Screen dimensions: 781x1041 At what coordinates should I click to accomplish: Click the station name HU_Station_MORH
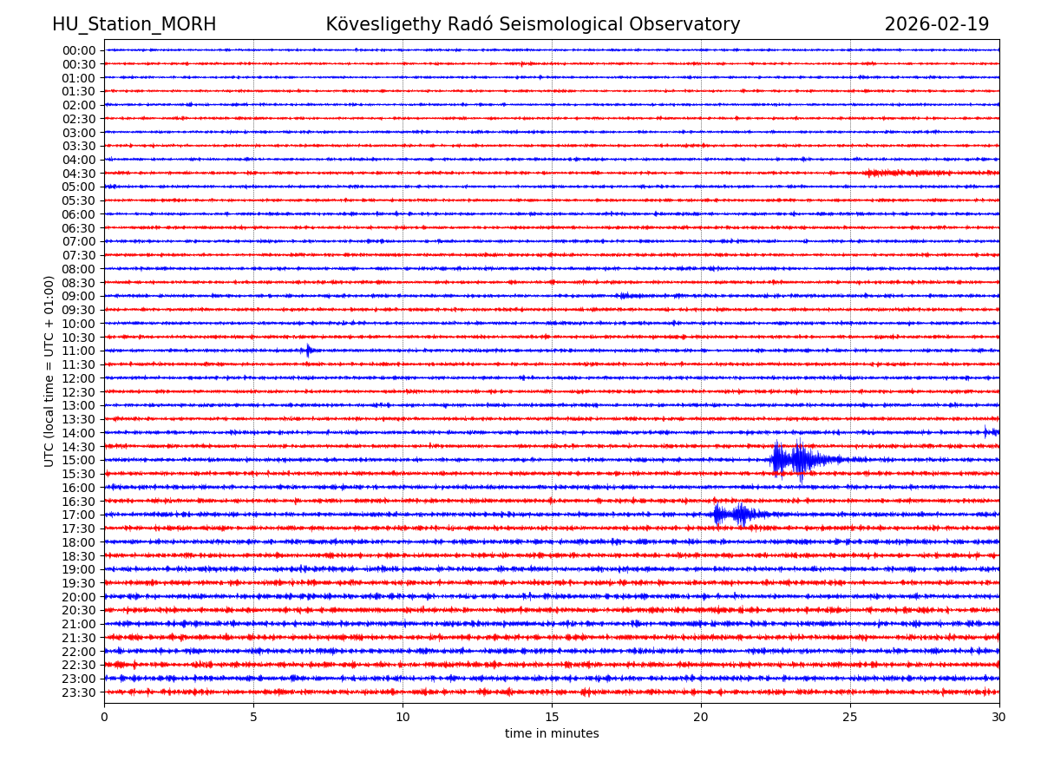click(x=134, y=25)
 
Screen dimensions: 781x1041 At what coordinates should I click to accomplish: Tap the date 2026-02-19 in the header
click(x=936, y=25)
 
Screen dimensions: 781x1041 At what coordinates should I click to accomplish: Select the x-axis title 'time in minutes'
click(x=552, y=734)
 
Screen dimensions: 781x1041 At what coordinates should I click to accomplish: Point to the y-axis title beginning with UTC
click(x=49, y=371)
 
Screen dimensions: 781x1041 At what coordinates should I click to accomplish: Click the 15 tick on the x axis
click(x=552, y=717)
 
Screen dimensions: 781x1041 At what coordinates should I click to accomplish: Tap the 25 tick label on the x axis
click(x=850, y=717)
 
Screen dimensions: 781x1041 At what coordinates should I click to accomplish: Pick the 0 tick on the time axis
click(x=104, y=717)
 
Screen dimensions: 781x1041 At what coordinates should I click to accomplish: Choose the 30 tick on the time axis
click(x=999, y=717)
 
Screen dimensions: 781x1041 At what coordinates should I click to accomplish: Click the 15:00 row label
click(x=79, y=460)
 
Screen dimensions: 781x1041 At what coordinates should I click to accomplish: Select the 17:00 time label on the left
click(x=79, y=515)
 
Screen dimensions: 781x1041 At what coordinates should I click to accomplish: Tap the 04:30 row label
click(x=79, y=174)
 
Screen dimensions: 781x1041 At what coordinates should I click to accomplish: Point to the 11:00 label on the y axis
click(x=79, y=351)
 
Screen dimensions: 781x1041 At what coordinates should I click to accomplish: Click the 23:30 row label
click(x=79, y=692)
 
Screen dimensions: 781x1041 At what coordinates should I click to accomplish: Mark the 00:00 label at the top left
click(x=79, y=50)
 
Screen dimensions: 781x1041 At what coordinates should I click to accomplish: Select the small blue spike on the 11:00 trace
click(x=308, y=351)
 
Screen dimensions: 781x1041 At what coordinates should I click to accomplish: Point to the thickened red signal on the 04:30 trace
click(x=902, y=174)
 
